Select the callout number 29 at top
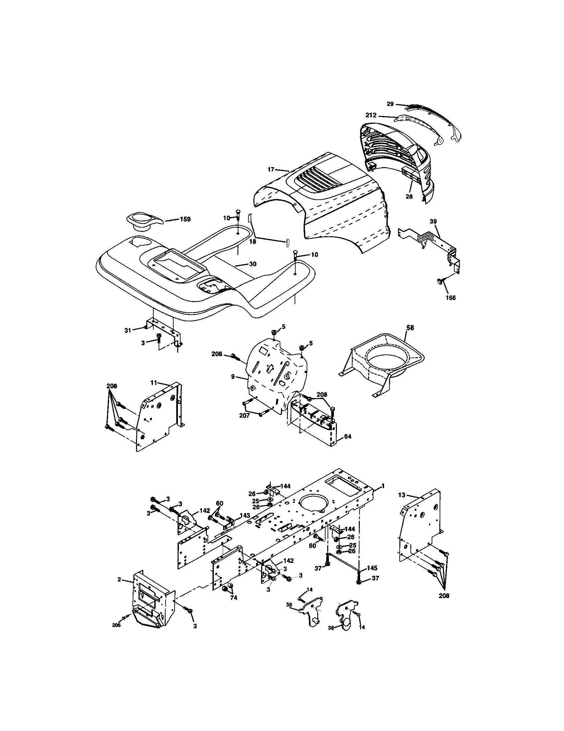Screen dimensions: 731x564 click(x=390, y=104)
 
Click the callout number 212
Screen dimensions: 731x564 click(x=371, y=116)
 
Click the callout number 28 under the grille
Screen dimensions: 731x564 click(x=409, y=196)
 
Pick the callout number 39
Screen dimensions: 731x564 click(x=433, y=221)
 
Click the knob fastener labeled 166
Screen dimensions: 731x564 click(x=439, y=282)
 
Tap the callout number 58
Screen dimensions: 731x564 click(x=410, y=328)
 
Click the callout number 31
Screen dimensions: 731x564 click(x=128, y=330)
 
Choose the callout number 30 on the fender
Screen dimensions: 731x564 click(x=252, y=264)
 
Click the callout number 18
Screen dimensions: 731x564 click(x=252, y=241)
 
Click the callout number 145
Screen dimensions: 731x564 click(x=372, y=568)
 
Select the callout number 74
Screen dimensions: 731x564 click(x=233, y=597)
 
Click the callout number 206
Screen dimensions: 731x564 click(x=116, y=625)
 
